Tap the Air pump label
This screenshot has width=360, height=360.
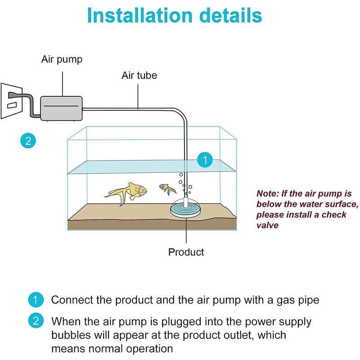[x=62, y=59]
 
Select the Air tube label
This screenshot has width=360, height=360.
[x=139, y=75]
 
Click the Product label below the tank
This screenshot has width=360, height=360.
[x=186, y=252]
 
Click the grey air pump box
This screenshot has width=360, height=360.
[x=61, y=108]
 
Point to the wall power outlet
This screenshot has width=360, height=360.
[x=12, y=101]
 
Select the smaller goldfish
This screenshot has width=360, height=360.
[x=167, y=189]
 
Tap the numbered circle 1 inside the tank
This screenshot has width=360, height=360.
[x=205, y=160]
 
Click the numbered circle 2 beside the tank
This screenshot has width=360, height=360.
[x=28, y=141]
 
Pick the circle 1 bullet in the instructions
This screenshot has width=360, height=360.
[x=36, y=300]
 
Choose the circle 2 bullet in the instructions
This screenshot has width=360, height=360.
[x=36, y=320]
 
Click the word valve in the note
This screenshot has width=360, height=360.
[x=267, y=225]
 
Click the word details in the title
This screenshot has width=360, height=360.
[x=230, y=15]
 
